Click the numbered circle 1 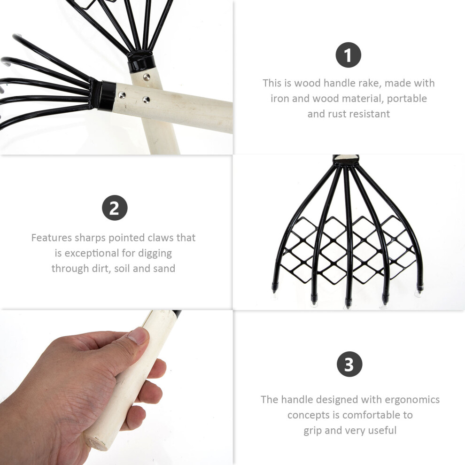pyautogui.click(x=348, y=55)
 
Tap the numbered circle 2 pyautogui.click(x=115, y=208)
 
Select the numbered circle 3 pyautogui.click(x=349, y=364)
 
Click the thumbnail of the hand pyautogui.click(x=116, y=387)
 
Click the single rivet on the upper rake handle pyautogui.click(x=146, y=77)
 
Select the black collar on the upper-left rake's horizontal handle pyautogui.click(x=106, y=96)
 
